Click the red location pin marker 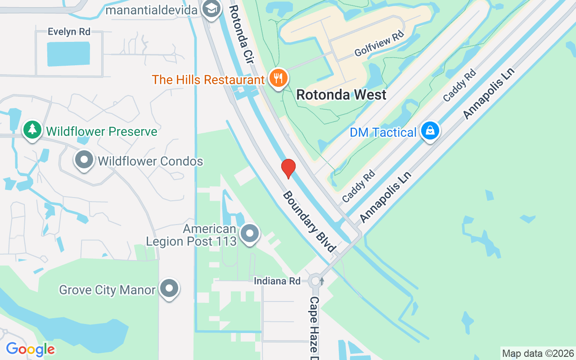pos(288,168)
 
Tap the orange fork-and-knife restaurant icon pos(279,79)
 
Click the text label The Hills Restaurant pos(208,80)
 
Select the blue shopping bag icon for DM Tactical pos(430,131)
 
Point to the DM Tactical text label pos(383,133)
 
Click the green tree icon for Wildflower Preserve pos(32,130)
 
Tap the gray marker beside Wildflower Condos pos(84,160)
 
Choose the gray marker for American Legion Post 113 pos(249,234)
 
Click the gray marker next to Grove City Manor pos(169,288)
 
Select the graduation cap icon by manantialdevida pos(211,8)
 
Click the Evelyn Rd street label pos(69,31)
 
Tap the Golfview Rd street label pos(379,44)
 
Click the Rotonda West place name pos(341,95)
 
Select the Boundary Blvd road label pos(309,221)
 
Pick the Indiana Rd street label pos(277,281)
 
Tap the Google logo pos(30,349)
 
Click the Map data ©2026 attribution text pos(538,354)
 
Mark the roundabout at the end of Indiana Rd pos(315,281)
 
